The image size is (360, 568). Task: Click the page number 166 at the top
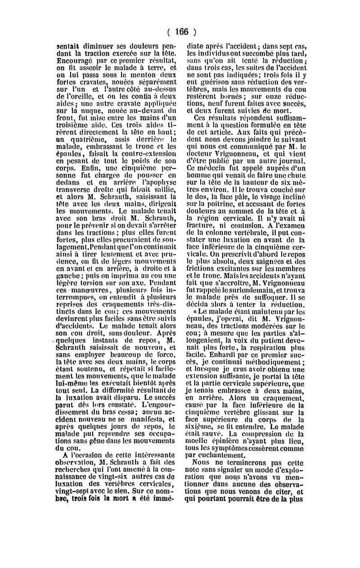(x=180, y=32)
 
